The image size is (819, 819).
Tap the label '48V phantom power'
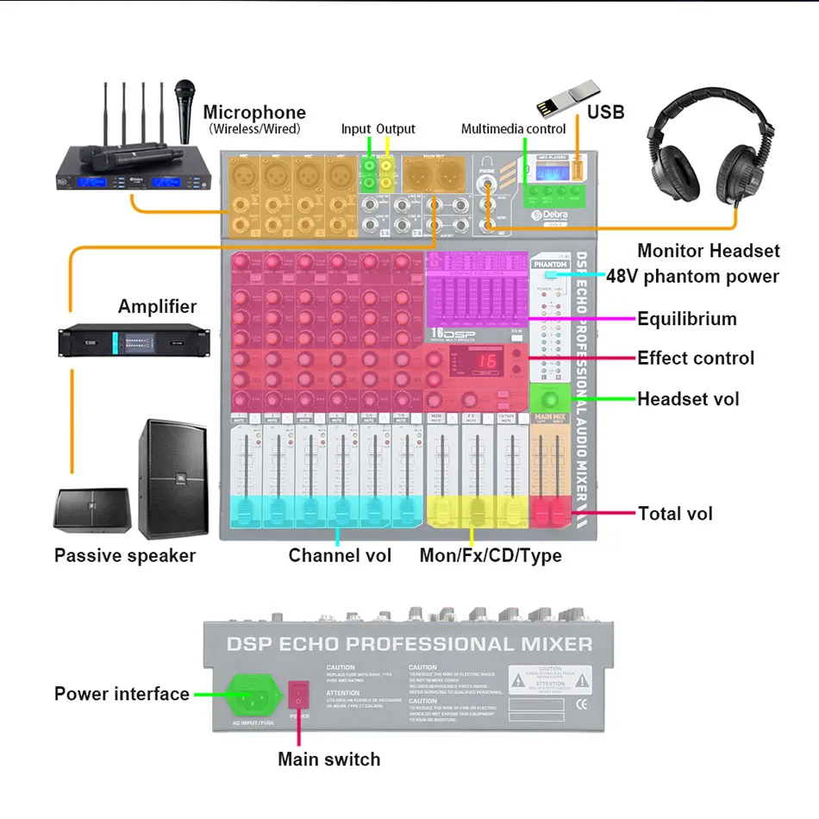(692, 277)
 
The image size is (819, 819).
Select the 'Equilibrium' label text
(686, 319)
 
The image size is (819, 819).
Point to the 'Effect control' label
(695, 358)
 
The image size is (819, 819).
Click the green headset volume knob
(550, 399)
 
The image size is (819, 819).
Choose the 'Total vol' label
(675, 514)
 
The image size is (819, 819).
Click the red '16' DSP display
(487, 362)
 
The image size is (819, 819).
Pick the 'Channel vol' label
(340, 556)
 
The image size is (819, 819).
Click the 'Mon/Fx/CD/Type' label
(490, 556)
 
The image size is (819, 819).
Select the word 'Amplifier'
(157, 306)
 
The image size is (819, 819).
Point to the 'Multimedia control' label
(513, 129)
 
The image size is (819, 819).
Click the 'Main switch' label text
(328, 760)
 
